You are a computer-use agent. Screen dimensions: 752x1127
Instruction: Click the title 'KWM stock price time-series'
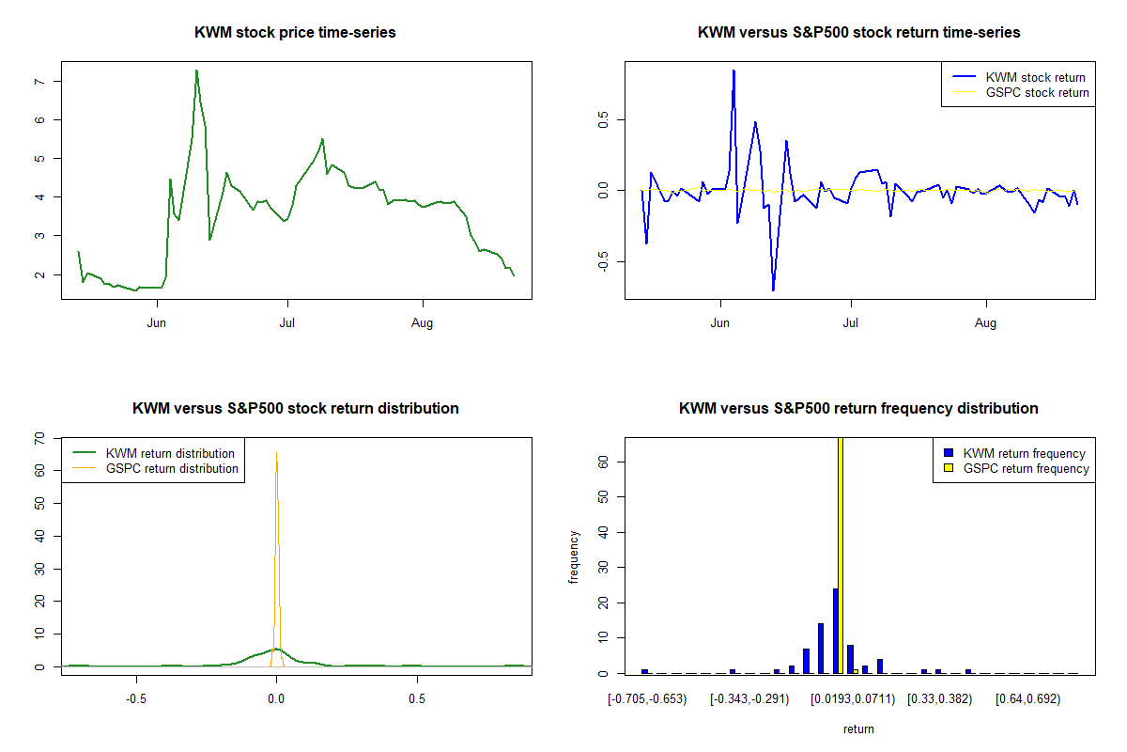click(x=295, y=33)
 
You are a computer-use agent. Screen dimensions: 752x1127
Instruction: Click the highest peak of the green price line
click(x=196, y=70)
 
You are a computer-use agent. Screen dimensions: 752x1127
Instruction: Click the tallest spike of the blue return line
click(x=733, y=70)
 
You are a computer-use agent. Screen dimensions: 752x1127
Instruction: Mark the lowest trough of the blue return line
click(x=773, y=290)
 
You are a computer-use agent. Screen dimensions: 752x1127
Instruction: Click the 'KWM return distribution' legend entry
click(x=170, y=454)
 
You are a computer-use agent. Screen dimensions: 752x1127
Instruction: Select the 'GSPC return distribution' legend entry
click(x=172, y=468)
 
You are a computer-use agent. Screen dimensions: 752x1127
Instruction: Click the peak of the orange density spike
click(x=276, y=453)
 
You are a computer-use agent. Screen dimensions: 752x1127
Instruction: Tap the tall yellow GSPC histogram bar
click(x=841, y=555)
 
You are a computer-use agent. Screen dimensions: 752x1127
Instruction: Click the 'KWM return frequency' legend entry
click(x=1024, y=453)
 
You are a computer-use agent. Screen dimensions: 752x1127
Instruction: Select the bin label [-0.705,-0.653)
click(x=647, y=699)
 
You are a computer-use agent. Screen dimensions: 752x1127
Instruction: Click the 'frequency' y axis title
click(x=574, y=556)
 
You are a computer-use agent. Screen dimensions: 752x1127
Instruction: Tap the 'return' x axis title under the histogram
click(x=858, y=728)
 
